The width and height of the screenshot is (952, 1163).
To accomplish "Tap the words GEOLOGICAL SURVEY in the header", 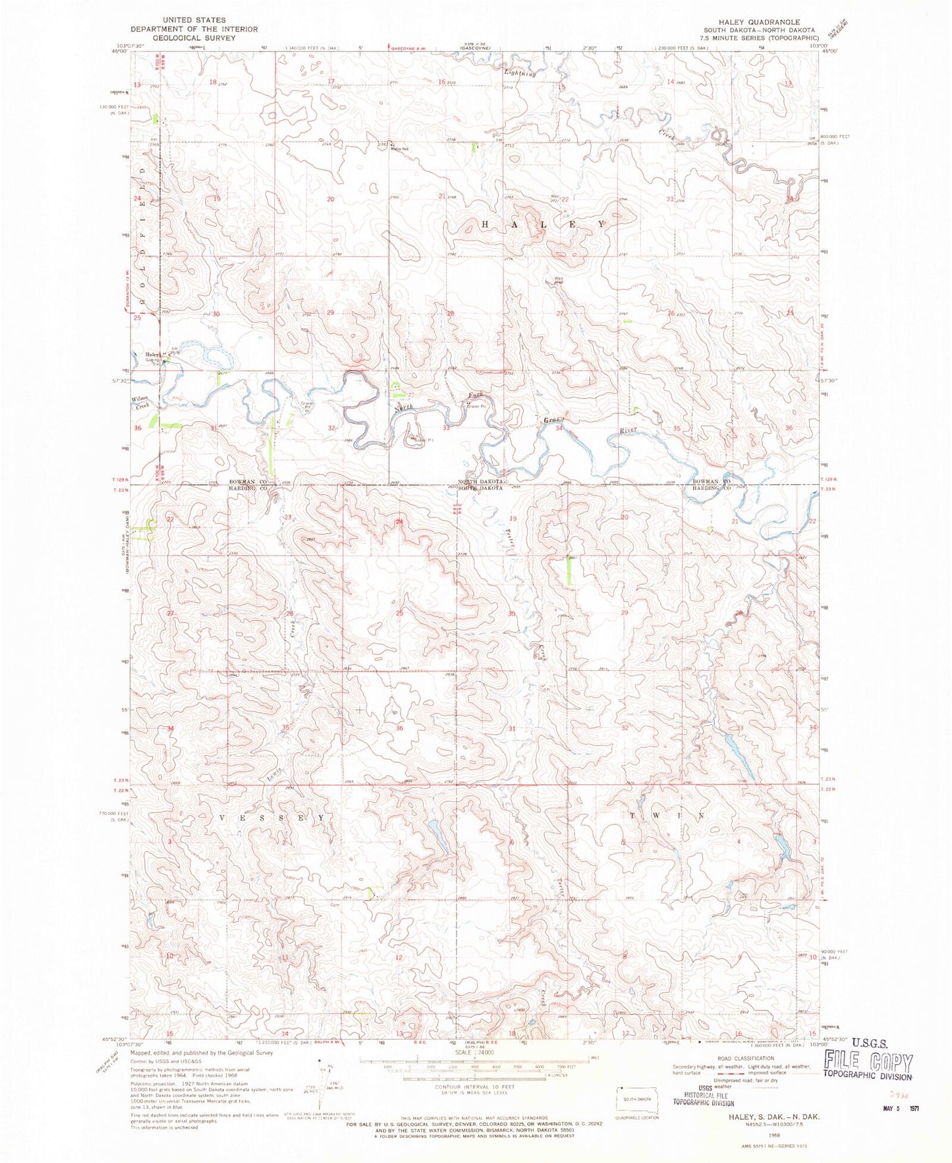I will pyautogui.click(x=194, y=38).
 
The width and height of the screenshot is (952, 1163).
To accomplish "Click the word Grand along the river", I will pyautogui.click(x=554, y=420).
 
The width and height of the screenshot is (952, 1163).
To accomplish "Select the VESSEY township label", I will pyautogui.click(x=271, y=817).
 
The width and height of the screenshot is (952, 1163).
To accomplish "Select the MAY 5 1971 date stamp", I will pyautogui.click(x=899, y=1108).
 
